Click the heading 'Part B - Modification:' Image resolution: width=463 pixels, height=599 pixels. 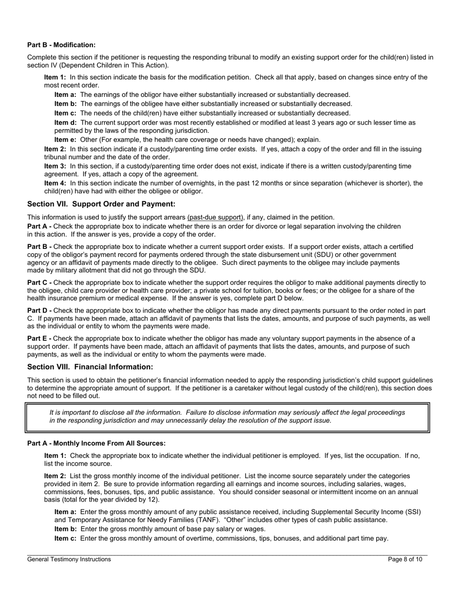(x=61, y=45)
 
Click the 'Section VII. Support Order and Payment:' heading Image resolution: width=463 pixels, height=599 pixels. (x=101, y=204)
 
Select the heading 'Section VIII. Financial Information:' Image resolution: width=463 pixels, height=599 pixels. (x=90, y=367)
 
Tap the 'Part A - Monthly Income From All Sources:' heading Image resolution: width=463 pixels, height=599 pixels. (x=96, y=443)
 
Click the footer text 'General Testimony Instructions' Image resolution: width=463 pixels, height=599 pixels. (x=69, y=560)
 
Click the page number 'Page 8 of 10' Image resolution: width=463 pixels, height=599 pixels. (x=405, y=560)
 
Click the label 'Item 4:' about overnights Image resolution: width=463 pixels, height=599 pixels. (x=55, y=183)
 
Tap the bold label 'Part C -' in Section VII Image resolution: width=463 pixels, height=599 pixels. (x=39, y=282)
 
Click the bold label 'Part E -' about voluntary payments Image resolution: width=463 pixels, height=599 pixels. (x=39, y=338)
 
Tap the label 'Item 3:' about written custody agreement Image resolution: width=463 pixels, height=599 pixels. (x=55, y=166)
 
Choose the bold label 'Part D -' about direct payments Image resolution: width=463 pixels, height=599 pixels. (x=39, y=311)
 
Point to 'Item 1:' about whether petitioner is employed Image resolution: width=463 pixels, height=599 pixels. (x=55, y=456)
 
